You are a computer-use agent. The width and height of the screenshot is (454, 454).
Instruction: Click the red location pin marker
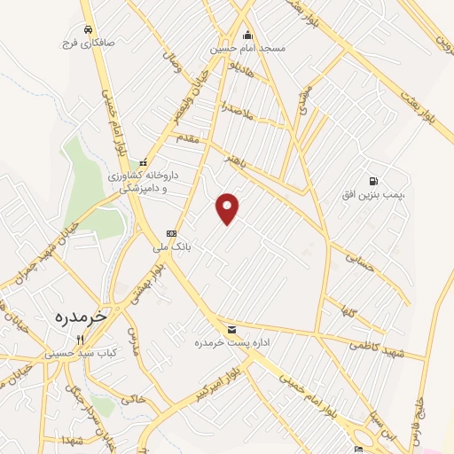(228, 208)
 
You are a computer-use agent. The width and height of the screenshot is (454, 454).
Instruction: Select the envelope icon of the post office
(231, 328)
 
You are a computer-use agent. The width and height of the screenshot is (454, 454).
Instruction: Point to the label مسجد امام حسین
(247, 48)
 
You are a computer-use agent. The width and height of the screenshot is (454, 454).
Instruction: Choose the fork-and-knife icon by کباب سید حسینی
(80, 340)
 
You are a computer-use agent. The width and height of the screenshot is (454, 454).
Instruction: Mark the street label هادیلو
(240, 70)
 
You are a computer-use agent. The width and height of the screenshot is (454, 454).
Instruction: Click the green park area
(87, 177)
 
